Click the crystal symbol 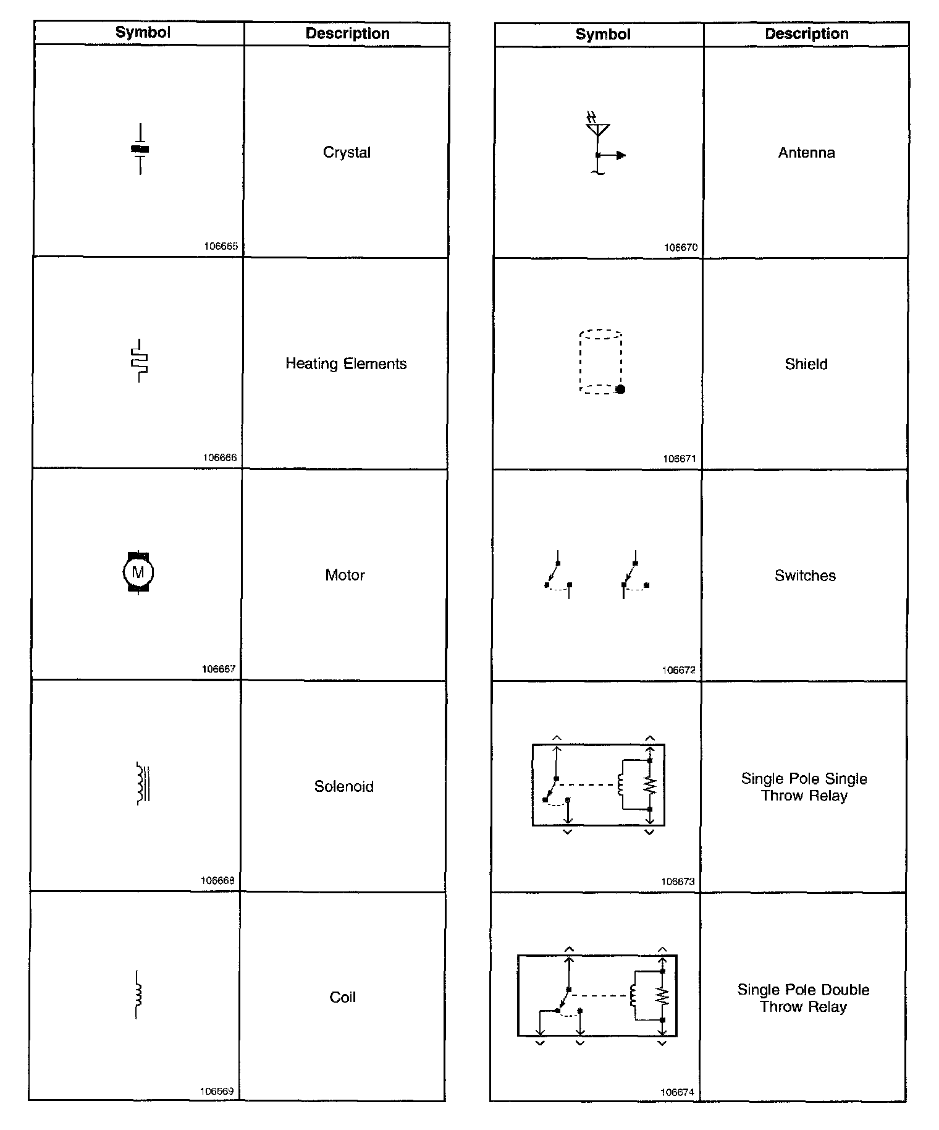[x=140, y=149]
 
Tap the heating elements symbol [x=140, y=360]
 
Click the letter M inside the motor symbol [x=138, y=572]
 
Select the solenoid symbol [x=143, y=784]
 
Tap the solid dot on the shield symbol [x=621, y=389]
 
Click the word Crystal [x=347, y=153]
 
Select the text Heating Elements [x=346, y=364]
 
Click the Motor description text [x=345, y=576]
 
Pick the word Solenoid [x=343, y=787]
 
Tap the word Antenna [x=806, y=153]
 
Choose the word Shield [x=806, y=365]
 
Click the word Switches [x=805, y=576]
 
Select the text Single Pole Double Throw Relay [x=803, y=998]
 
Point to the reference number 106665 [x=221, y=246]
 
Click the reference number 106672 [x=678, y=670]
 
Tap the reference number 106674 [x=677, y=1092]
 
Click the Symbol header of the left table [x=143, y=33]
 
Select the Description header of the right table [x=806, y=34]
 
